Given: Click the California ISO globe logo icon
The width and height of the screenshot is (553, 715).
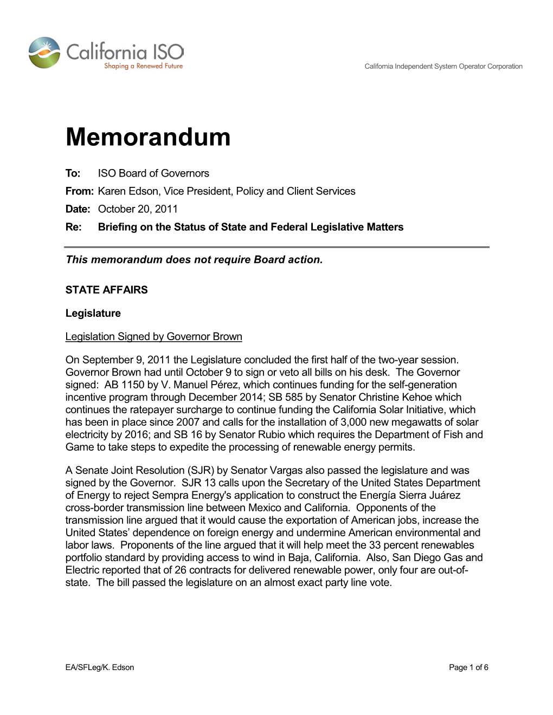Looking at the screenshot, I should coord(44,53).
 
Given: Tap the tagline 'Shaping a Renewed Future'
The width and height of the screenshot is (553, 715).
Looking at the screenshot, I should coord(143,66).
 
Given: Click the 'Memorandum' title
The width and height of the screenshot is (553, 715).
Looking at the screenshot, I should coord(148,137).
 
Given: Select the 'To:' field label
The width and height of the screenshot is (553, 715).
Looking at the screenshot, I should coord(73,173).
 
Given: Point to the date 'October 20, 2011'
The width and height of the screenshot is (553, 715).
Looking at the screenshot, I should coord(138,209).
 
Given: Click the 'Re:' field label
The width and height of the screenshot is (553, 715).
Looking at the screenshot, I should coord(73,227).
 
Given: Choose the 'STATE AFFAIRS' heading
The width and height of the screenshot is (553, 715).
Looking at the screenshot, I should coord(106,290).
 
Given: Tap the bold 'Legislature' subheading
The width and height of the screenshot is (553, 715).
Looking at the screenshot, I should coord(93,313).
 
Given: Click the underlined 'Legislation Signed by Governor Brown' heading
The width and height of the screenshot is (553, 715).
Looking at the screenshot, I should coord(153,336).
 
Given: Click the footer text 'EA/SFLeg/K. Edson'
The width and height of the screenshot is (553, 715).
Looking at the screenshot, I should coord(100,667).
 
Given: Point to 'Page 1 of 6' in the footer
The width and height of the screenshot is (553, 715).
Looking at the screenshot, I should coord(468,667).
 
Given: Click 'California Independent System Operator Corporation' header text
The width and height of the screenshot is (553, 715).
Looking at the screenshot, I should coord(443,67).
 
